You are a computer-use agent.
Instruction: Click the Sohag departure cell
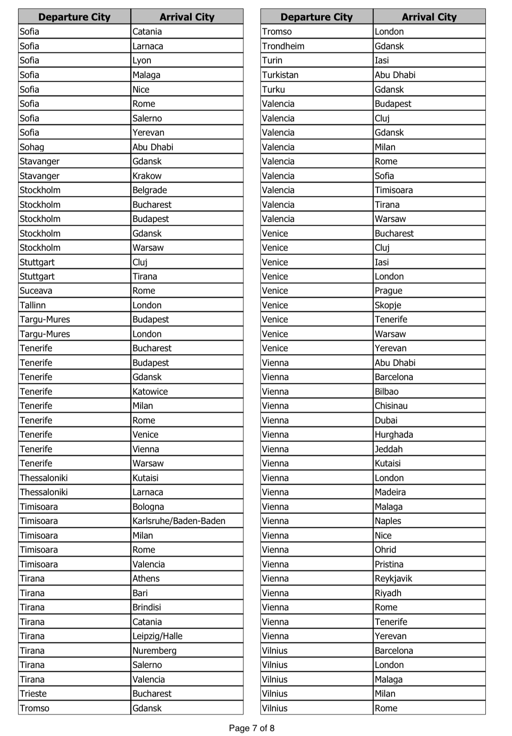(74, 147)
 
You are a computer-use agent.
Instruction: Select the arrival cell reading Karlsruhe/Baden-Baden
(187, 521)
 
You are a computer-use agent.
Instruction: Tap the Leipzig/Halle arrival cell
(187, 636)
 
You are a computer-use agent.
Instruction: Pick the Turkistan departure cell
(316, 75)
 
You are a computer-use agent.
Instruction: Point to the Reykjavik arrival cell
(429, 579)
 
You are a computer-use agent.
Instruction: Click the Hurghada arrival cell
(429, 435)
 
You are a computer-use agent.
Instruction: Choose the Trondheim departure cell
(316, 46)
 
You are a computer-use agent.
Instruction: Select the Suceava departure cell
(74, 291)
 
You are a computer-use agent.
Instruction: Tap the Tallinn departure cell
(74, 305)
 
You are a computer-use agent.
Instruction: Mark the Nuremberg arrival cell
(187, 651)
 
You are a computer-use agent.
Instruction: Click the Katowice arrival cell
(187, 392)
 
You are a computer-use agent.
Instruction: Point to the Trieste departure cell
(74, 694)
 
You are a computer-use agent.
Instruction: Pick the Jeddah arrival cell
(429, 449)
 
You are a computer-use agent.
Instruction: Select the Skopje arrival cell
(429, 305)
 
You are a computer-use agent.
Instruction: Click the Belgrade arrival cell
(187, 190)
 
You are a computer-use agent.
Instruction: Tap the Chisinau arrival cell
(429, 406)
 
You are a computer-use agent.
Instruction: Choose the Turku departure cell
(316, 89)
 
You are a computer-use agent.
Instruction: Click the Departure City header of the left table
(74, 17)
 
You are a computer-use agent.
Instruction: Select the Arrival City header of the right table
(429, 17)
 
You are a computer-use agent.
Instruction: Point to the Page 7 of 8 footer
(251, 728)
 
